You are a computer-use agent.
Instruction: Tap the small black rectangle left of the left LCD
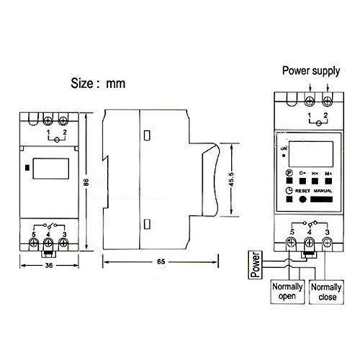pos(27,163)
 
